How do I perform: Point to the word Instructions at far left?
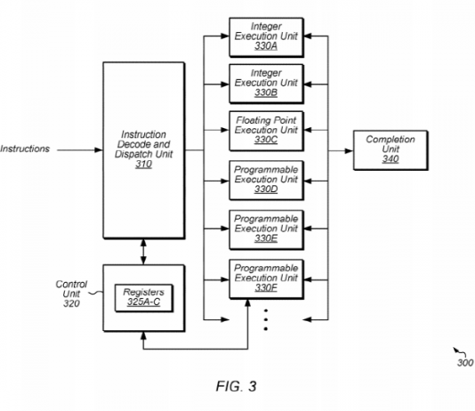(x=25, y=149)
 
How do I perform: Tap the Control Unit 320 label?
(x=71, y=294)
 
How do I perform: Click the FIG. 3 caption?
(x=237, y=386)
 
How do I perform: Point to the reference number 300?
(x=465, y=363)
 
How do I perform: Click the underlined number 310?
(x=143, y=165)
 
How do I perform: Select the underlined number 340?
(x=390, y=159)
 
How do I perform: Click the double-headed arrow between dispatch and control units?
(x=143, y=252)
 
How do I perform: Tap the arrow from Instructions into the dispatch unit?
(x=80, y=150)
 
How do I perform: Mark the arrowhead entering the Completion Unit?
(x=349, y=150)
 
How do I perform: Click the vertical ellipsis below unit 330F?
(x=266, y=320)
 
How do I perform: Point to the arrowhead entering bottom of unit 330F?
(x=248, y=303)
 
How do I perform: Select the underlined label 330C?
(x=266, y=140)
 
